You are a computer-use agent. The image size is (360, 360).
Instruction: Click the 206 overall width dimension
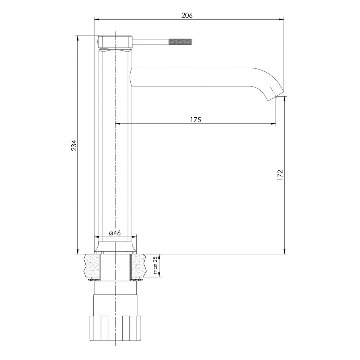click(x=187, y=15)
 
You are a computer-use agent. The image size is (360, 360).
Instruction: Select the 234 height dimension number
click(x=74, y=145)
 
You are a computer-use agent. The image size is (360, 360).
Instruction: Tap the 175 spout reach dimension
click(x=195, y=120)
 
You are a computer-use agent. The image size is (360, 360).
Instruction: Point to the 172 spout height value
click(x=280, y=175)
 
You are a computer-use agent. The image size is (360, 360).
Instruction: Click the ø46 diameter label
click(x=115, y=233)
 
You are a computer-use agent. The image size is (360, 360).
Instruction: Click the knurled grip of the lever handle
click(x=180, y=42)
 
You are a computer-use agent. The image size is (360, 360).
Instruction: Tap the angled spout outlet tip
click(x=276, y=96)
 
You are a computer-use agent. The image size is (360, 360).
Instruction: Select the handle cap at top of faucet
click(x=115, y=41)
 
